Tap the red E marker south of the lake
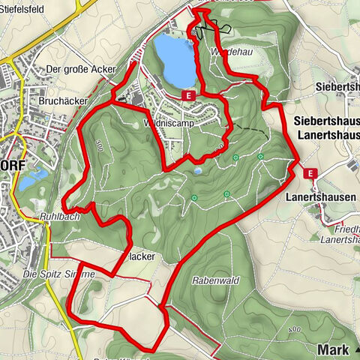click(x=188, y=95)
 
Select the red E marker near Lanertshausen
click(x=311, y=173)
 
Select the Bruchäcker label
click(x=64, y=100)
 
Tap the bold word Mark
click(x=334, y=349)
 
